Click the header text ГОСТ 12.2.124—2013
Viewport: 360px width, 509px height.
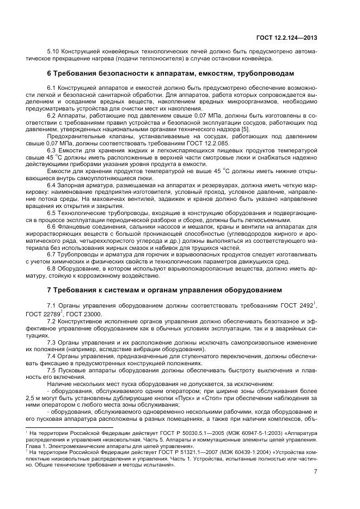pos(290,38)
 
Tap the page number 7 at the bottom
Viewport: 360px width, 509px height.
pos(315,471)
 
